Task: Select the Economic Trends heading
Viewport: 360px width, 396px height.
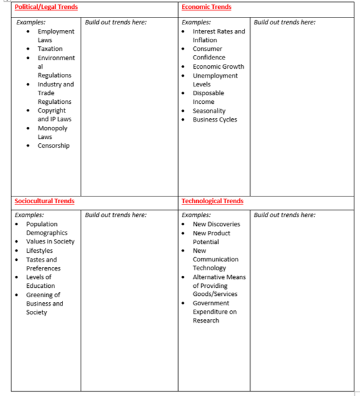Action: coord(206,7)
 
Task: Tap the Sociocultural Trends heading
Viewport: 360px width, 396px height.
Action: coord(44,201)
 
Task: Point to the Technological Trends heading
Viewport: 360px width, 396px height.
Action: coord(212,201)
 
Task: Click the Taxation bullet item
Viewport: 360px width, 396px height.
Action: coord(50,49)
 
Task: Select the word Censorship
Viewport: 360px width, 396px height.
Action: coord(54,146)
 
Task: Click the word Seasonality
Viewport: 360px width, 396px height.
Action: coord(209,111)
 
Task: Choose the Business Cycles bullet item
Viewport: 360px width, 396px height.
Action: coord(215,119)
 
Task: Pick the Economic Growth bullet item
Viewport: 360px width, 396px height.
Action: coord(218,66)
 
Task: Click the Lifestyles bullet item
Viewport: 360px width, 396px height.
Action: coord(39,250)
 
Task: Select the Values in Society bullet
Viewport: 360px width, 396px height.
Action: coord(50,241)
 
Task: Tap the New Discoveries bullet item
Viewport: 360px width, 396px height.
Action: coord(216,224)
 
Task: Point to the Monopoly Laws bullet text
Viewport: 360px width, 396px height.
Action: coord(52,133)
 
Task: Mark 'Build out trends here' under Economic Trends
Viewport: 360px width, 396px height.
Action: coord(284,22)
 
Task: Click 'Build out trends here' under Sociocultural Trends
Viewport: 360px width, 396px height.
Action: coord(116,215)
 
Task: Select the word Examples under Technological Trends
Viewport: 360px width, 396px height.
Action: coord(196,215)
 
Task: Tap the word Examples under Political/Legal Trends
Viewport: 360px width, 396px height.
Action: coord(31,22)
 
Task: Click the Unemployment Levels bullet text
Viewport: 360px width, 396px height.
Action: coord(215,79)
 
